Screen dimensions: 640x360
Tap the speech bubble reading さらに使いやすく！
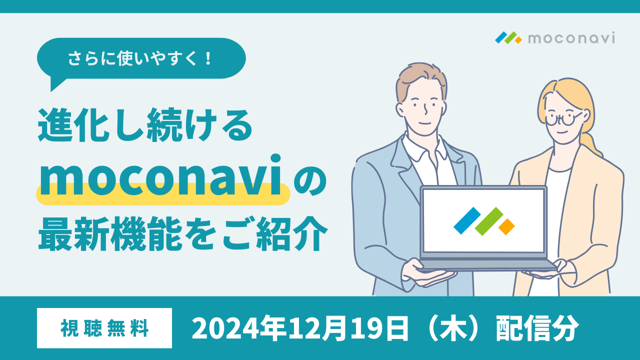141,58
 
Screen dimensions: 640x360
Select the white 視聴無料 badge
104,328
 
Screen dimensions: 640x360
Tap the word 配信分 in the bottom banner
537,328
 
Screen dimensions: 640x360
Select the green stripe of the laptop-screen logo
489,221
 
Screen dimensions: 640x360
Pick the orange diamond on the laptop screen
506,227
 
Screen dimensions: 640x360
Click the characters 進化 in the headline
72,125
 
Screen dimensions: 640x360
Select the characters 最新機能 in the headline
110,233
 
